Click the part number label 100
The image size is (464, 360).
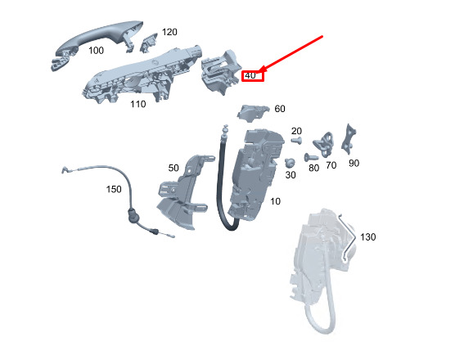(97, 50)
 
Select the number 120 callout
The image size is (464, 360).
(169, 32)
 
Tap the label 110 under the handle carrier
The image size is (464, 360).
(138, 104)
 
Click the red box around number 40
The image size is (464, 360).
(253, 76)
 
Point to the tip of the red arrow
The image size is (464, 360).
(260, 72)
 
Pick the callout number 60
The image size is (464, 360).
(280, 109)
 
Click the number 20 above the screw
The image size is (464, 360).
(296, 131)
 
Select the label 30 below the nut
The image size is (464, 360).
(291, 175)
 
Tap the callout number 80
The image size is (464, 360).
(313, 168)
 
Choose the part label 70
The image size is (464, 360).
(331, 165)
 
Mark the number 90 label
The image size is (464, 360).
(354, 163)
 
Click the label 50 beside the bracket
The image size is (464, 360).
(173, 168)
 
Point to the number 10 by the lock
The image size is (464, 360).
(275, 201)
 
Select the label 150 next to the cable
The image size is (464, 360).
(114, 189)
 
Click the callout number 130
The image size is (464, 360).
(368, 237)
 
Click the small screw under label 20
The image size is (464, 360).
(296, 141)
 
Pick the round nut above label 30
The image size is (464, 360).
(290, 163)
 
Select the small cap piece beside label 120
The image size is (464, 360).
(149, 43)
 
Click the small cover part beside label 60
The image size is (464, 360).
(253, 113)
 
